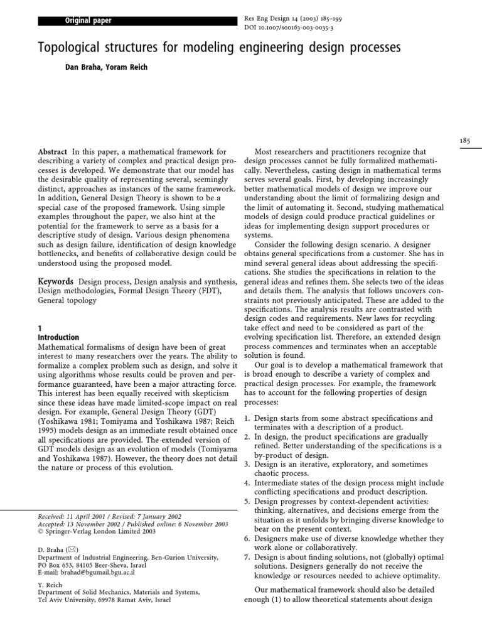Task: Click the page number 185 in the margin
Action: (x=464, y=142)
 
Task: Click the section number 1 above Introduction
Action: (x=40, y=328)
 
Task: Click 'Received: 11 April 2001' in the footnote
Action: (x=75, y=516)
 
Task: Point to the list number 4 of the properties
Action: (x=247, y=483)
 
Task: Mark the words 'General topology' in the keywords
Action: (x=66, y=300)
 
